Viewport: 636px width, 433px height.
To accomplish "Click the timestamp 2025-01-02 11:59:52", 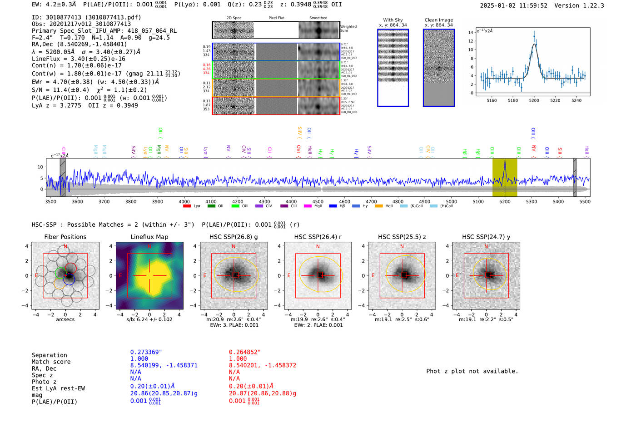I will [513, 5].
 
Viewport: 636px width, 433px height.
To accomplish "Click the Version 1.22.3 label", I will [579, 5].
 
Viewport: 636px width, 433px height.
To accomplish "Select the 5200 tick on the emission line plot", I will [534, 100].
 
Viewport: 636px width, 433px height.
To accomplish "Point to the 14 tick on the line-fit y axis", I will [471, 32].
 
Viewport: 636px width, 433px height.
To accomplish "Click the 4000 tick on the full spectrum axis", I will [184, 202].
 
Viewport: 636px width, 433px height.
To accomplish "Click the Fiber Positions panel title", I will [65, 237].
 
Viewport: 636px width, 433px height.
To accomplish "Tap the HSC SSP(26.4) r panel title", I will [318, 237].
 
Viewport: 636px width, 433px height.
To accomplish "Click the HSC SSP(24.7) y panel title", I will [486, 237].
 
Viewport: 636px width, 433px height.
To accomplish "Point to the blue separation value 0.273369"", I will [146, 352].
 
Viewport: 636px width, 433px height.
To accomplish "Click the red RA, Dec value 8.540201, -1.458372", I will [262, 365].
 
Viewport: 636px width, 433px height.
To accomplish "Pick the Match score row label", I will [51, 362].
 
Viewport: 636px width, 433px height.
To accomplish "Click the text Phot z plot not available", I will [472, 371].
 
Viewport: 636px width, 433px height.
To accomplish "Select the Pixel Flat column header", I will [276, 18].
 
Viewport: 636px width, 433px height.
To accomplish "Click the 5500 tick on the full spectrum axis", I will [585, 202].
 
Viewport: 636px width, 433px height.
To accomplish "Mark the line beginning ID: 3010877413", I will [86, 17].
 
